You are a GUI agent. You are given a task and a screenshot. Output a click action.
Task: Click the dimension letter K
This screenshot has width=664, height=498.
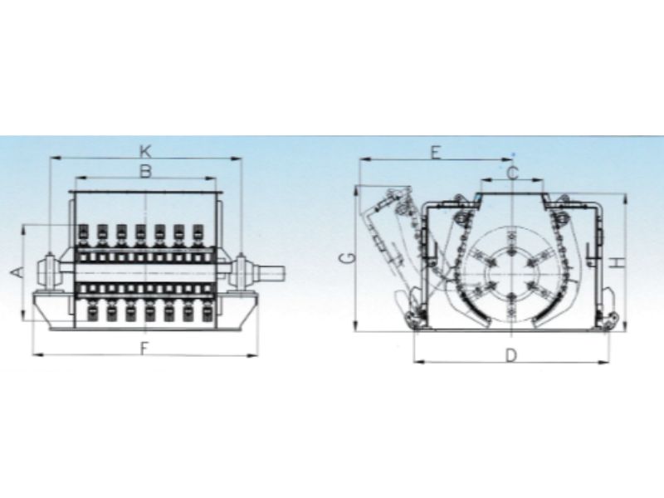145,151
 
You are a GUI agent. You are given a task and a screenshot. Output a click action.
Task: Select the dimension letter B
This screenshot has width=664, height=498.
145,172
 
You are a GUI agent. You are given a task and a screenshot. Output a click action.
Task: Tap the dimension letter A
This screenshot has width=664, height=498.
17,272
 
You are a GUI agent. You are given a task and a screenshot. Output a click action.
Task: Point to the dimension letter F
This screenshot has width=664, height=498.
144,349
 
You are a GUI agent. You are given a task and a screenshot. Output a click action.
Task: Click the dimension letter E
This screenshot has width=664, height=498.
436,153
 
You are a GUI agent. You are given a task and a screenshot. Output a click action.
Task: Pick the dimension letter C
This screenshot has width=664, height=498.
512,173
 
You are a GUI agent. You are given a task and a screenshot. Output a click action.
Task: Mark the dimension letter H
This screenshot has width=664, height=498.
618,262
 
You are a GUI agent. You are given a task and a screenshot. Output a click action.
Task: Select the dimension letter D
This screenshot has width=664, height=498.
511,355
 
